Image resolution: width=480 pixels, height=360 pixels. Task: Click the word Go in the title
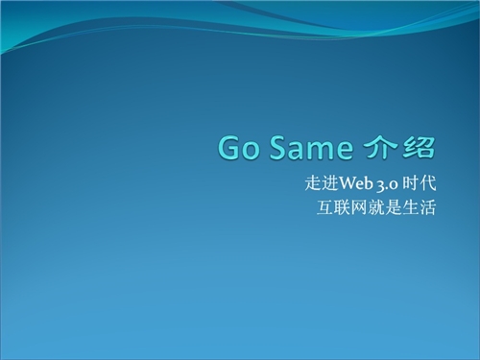pos(238,148)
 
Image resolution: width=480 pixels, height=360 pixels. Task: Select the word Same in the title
pos(311,148)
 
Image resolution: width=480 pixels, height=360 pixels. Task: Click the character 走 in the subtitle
pos(313,183)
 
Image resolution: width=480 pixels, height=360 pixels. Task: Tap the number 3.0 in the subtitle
pos(388,185)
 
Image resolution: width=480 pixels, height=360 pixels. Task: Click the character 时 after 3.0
pos(411,183)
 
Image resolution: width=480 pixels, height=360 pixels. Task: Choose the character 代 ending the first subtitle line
pos(428,183)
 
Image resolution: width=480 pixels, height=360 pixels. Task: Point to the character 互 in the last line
pos(325,207)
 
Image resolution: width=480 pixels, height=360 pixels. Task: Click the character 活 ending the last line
pos(427,207)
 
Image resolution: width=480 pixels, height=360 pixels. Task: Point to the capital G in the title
pos(228,148)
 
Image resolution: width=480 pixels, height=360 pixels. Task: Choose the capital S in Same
pos(276,148)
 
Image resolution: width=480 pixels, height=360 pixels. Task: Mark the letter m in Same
pos(320,151)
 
